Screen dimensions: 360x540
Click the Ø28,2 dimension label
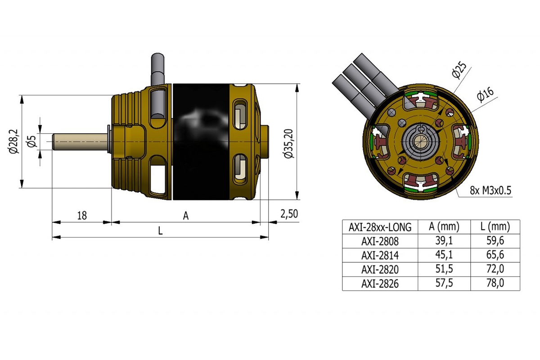[x=14, y=141]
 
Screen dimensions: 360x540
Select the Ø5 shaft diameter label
[x=31, y=141]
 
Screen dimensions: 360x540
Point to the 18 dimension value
[x=81, y=215]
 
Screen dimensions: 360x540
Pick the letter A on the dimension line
[x=185, y=216]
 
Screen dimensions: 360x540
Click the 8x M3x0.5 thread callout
[x=490, y=190]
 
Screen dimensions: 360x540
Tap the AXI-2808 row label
[x=380, y=241]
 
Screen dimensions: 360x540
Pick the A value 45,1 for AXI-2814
[x=444, y=255]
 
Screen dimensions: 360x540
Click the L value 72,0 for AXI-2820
[x=495, y=270]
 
